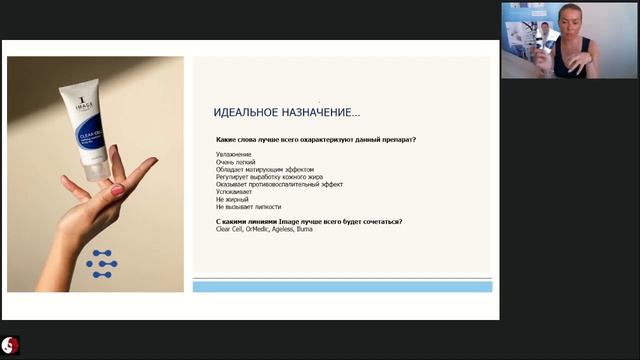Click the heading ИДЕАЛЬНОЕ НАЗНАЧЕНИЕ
287,112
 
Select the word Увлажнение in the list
234,154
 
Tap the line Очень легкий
237,162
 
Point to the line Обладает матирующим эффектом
264,170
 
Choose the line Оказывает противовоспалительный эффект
279,185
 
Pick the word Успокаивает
236,192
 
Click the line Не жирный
233,200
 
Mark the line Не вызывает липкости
248,207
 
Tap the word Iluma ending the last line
305,229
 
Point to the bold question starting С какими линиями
309,221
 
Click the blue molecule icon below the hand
101,261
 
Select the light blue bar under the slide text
342,287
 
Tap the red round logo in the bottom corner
11,346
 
